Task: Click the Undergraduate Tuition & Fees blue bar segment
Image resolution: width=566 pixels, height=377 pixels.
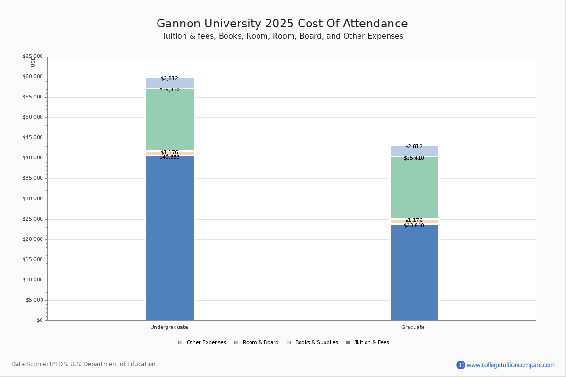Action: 170,238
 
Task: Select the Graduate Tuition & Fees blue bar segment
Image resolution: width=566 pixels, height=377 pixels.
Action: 414,272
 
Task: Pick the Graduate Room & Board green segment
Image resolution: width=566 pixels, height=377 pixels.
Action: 414,188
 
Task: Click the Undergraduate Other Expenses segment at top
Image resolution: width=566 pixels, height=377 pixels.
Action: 170,83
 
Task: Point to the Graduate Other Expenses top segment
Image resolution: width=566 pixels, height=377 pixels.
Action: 414,151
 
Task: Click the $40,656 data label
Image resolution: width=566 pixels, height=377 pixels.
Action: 169,157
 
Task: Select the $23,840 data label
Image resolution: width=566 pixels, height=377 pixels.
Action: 414,226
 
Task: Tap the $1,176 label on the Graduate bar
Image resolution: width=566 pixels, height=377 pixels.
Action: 414,220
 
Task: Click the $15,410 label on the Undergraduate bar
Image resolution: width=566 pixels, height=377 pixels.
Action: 169,90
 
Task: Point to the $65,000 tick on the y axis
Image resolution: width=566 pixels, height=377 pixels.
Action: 33,57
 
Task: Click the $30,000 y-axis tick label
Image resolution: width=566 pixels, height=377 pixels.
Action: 33,199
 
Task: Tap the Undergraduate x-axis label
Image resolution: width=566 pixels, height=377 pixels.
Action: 169,327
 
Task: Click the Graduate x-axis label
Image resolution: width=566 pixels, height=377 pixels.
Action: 413,327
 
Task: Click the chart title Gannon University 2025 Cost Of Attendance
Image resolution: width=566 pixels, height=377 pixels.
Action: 282,24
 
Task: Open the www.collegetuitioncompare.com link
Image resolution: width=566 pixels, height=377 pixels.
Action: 510,365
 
